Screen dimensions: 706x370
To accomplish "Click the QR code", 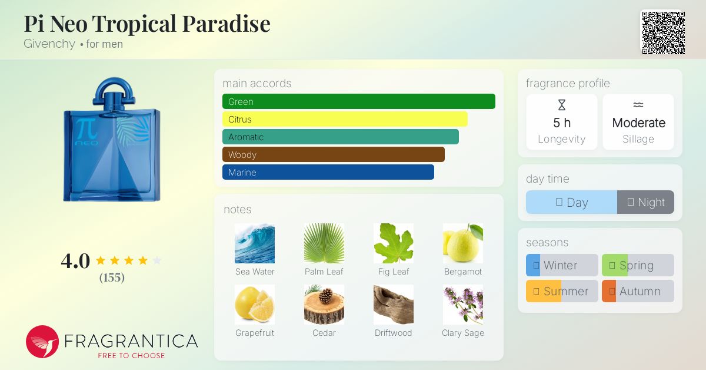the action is coord(664,33).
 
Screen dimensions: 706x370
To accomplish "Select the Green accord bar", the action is coord(359,101).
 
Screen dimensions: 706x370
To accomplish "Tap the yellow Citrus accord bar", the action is coord(345,119).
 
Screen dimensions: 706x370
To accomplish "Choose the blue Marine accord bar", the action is coord(328,172).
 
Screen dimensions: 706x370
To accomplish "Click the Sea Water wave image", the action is coord(255,243).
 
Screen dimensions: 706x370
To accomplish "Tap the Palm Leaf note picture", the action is coord(324,243).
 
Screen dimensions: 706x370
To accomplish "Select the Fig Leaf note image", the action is coord(394,243).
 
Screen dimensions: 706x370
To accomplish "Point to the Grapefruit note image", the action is coord(255,305).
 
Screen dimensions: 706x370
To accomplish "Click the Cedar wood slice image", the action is coord(324,305).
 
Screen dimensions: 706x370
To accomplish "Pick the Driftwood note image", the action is coord(394,305).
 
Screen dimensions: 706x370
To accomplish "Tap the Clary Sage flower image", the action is coord(462,305).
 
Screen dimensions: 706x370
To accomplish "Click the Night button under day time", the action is coord(645,202).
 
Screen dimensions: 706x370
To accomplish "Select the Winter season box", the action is coord(562,265).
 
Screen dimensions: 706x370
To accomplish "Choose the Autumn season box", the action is coord(638,291).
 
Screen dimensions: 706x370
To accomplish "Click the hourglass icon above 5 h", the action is coord(562,105).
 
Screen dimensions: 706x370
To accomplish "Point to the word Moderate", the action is coord(638,123).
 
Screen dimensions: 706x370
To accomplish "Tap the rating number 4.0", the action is coord(75,261).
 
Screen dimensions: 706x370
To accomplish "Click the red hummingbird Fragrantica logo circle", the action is coord(42,342).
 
